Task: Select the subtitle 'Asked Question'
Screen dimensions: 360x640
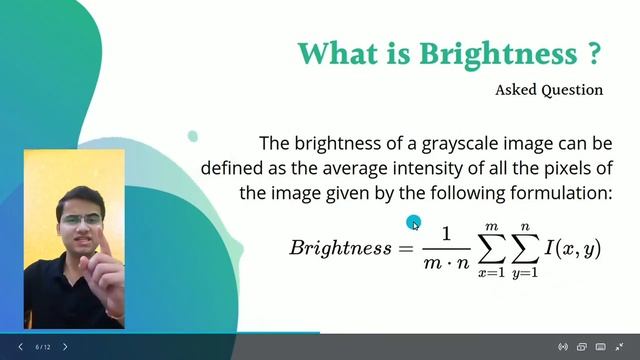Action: tap(549, 90)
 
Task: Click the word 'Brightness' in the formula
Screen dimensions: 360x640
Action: tap(340, 247)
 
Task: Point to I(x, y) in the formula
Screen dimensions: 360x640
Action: tap(573, 247)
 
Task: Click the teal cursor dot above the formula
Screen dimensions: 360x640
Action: tap(414, 224)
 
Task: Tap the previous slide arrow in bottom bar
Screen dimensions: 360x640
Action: tap(20, 347)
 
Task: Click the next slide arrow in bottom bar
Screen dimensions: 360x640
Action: tap(66, 347)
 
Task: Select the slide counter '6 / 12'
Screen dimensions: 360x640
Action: tap(43, 347)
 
